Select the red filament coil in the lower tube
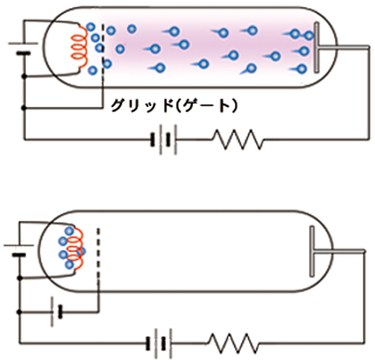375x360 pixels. pos(75,248)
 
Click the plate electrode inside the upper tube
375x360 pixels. pos(317,47)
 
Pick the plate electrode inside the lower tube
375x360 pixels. pos(312,252)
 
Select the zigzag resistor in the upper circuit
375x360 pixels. pos(238,139)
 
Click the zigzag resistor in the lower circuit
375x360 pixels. pos(234,343)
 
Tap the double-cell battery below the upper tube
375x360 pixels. pos(163,139)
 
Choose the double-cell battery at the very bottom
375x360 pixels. pos(159,343)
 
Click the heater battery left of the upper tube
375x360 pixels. pos(23,48)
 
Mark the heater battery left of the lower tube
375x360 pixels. pos(19,250)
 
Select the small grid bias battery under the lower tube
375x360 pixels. pos(56,312)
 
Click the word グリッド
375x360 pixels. pos(142,105)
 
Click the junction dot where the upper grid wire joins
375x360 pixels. pos(24,108)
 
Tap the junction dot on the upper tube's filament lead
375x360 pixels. pos(24,77)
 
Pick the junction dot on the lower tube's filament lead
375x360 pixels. pos(20,278)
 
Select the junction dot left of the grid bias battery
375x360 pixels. pos(20,312)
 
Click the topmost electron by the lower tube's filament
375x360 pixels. pos(69,231)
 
